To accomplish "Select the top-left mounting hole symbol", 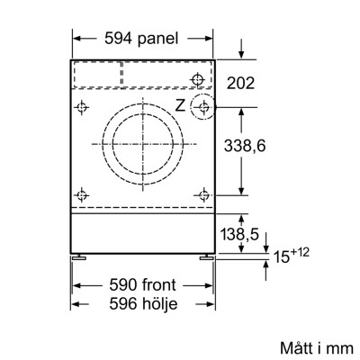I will [84, 108].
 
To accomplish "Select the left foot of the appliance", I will [81, 256].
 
